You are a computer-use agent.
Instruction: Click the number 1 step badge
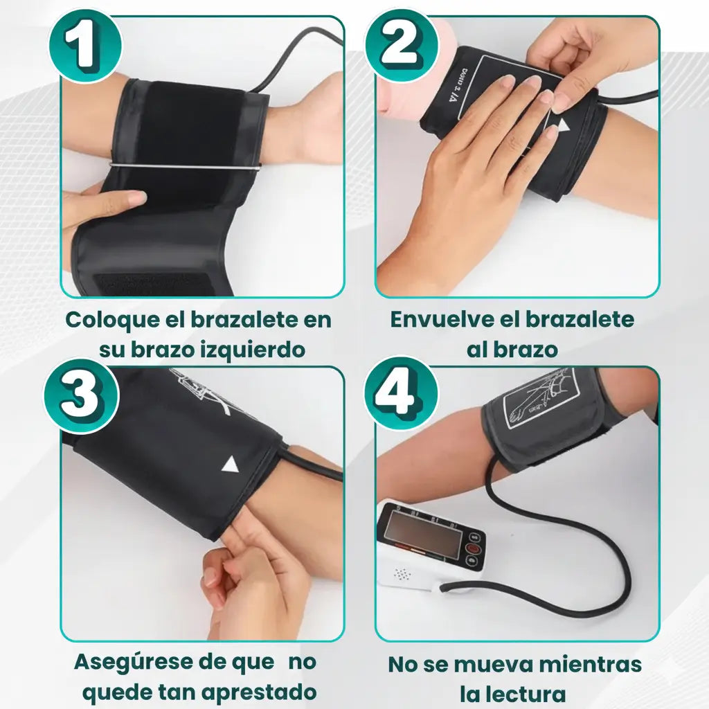point(85,47)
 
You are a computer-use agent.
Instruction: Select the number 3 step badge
point(82,397)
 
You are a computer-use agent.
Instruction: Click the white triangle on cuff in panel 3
point(230,465)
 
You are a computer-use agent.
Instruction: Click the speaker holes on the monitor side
point(402,574)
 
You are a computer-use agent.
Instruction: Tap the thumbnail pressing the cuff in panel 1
point(136,197)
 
